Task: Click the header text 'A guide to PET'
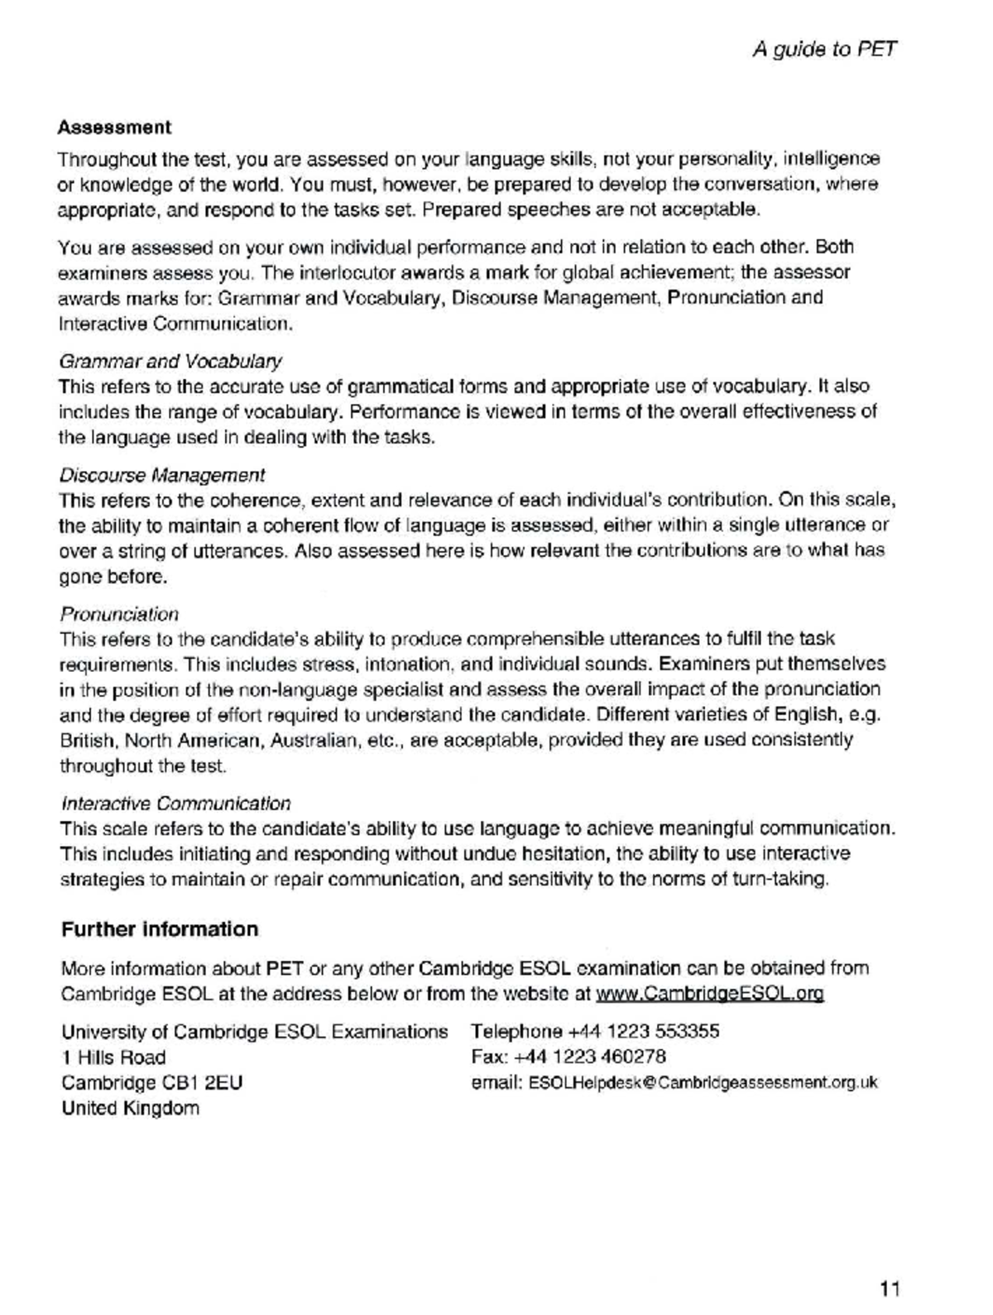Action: pyautogui.click(x=824, y=50)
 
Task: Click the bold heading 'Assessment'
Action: pyautogui.click(x=114, y=127)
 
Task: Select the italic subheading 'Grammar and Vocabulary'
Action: pyautogui.click(x=170, y=362)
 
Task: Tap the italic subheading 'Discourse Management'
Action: pyautogui.click(x=162, y=475)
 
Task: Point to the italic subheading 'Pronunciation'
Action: pyautogui.click(x=119, y=614)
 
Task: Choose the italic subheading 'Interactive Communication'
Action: pyautogui.click(x=175, y=804)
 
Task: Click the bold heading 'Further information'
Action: pyautogui.click(x=160, y=929)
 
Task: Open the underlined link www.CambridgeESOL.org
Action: pyautogui.click(x=709, y=994)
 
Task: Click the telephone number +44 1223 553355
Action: pyautogui.click(x=642, y=1031)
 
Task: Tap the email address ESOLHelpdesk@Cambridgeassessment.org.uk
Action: pyautogui.click(x=703, y=1082)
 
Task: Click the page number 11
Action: pyautogui.click(x=890, y=1289)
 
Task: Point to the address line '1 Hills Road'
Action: pyautogui.click(x=113, y=1058)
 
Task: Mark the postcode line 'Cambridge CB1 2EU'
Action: pyautogui.click(x=152, y=1082)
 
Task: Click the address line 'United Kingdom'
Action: pyautogui.click(x=130, y=1108)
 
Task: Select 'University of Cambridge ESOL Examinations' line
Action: pyautogui.click(x=254, y=1032)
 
